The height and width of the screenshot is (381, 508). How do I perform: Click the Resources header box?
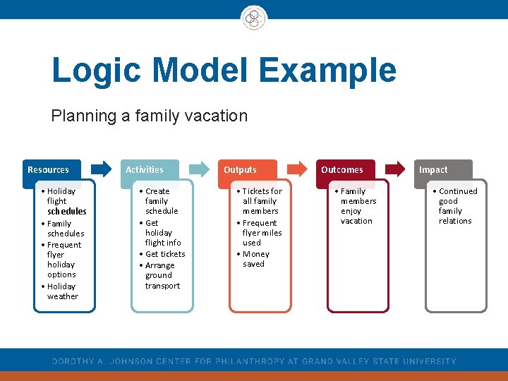[x=51, y=169]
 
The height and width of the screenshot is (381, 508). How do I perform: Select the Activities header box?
[x=149, y=169]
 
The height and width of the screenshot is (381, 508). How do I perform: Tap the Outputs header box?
[x=247, y=169]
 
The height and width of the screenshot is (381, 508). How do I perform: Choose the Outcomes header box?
[x=345, y=169]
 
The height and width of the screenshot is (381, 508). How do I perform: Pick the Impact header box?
[x=442, y=169]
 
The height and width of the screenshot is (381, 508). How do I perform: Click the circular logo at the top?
[x=253, y=17]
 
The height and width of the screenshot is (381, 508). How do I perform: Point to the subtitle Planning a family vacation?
[x=149, y=116]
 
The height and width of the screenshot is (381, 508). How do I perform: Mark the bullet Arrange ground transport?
[x=162, y=276]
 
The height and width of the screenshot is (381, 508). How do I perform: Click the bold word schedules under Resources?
[x=67, y=211]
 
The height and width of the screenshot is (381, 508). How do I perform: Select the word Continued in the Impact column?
[x=458, y=191]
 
